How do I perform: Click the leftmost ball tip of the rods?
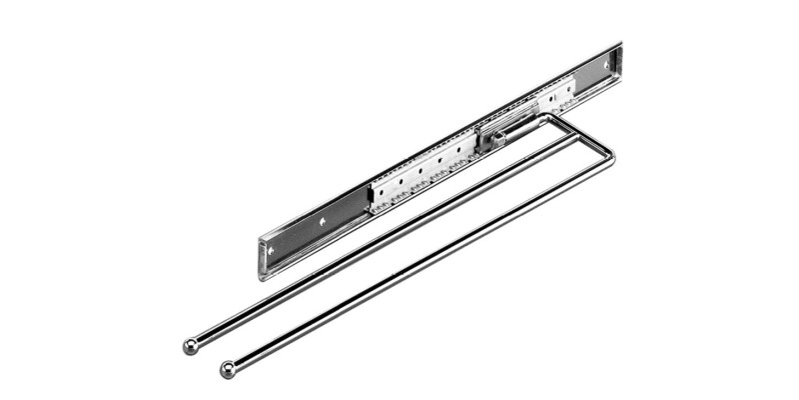coord(190,346)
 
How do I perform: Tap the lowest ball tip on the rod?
coord(228,369)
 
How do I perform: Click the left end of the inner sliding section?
coord(372,198)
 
